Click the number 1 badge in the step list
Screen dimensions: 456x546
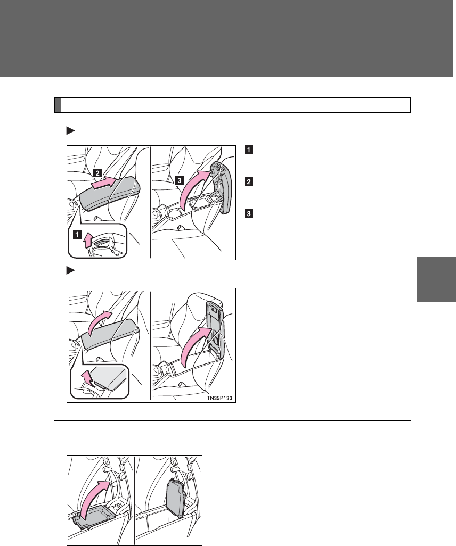point(249,150)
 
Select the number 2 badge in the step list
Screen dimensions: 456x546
point(249,182)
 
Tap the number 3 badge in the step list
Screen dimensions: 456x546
point(249,213)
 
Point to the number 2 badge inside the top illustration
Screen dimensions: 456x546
point(97,173)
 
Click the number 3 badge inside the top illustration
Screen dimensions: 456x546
point(179,180)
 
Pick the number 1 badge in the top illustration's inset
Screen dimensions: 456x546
point(77,234)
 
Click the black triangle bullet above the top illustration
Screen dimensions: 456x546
point(70,131)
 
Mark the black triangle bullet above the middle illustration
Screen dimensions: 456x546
point(70,270)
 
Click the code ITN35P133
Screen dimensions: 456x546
point(218,398)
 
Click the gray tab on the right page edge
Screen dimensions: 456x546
point(436,279)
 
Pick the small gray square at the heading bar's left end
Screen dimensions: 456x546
point(58,105)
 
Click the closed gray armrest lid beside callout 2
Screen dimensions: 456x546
point(109,194)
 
